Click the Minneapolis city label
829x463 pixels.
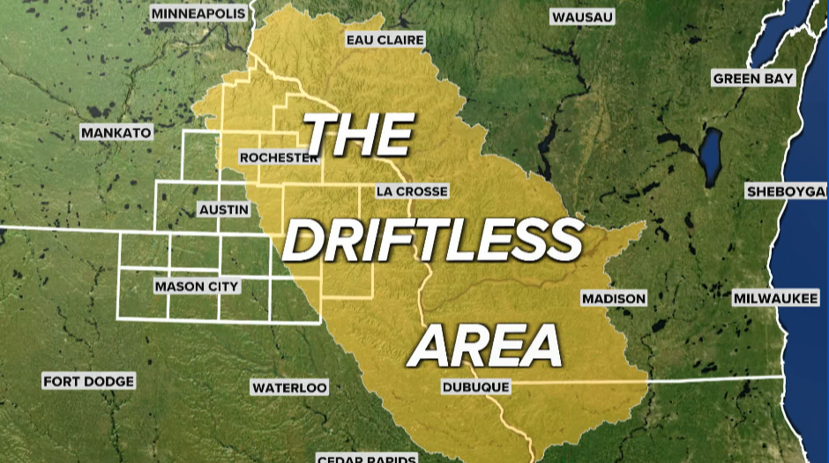(x=198, y=13)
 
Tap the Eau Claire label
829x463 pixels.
(x=385, y=41)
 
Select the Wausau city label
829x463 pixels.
(x=582, y=17)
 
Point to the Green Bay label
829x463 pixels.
(x=753, y=78)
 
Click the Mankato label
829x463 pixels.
(x=116, y=133)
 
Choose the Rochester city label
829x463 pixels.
(x=279, y=158)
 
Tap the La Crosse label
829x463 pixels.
(x=411, y=191)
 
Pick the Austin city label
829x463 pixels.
(x=224, y=210)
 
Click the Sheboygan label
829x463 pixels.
(x=786, y=191)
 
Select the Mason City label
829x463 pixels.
(x=196, y=287)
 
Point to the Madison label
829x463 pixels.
(x=614, y=299)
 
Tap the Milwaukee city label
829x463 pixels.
(x=776, y=299)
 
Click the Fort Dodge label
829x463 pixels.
(x=88, y=381)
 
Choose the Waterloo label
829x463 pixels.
(x=289, y=387)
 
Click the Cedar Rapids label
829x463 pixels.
(x=365, y=458)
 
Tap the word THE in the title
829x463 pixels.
(x=360, y=134)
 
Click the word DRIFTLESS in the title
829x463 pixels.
(x=434, y=239)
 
